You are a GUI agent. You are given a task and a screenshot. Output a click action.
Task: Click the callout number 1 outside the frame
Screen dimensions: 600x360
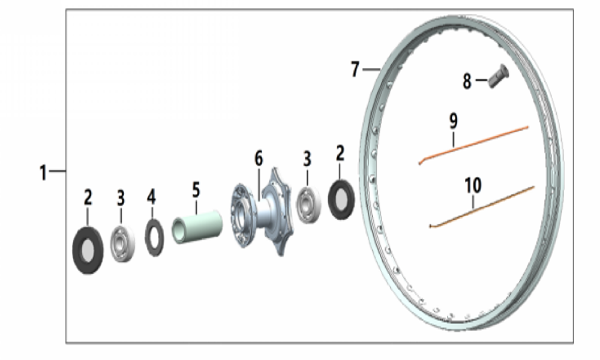pos(43,173)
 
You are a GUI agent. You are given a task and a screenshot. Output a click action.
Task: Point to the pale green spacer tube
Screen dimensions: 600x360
pos(197,226)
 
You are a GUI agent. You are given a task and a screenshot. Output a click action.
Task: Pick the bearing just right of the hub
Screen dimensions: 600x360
pos(308,204)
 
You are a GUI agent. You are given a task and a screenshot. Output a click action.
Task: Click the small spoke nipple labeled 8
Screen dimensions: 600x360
pos(499,76)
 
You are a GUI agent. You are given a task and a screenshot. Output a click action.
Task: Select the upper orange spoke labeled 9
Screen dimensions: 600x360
pos(473,145)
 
